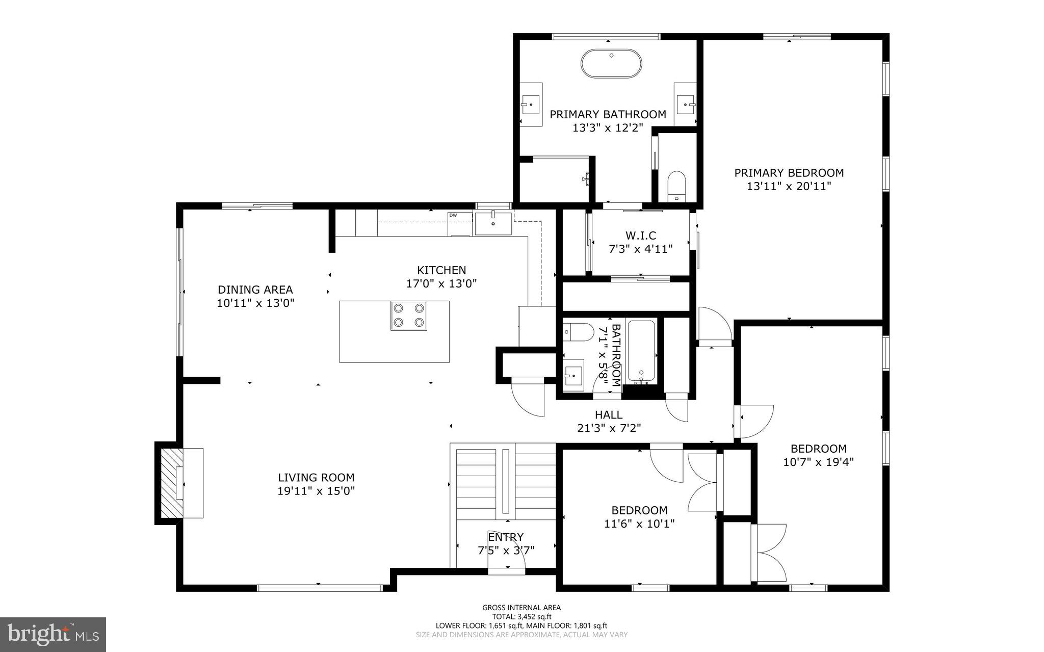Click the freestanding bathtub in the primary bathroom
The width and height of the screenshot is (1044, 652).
611,63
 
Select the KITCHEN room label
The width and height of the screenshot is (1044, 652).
441,270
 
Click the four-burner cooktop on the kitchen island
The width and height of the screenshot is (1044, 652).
409,316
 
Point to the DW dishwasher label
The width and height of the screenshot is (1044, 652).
453,216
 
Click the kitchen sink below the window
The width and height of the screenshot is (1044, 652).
493,223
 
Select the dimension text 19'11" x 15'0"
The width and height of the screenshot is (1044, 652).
316,491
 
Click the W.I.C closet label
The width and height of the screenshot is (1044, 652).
640,236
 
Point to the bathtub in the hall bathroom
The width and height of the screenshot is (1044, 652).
641,351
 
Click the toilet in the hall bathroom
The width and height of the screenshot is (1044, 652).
579,332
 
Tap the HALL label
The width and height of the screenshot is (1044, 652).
609,415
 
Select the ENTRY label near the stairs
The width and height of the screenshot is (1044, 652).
506,537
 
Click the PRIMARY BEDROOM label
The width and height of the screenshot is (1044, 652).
789,173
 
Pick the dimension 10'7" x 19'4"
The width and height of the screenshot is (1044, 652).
818,462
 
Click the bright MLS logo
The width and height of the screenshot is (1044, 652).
53,634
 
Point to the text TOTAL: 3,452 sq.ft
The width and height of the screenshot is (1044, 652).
521,616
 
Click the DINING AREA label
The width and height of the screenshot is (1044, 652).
255,290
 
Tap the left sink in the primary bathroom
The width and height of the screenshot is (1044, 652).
531,105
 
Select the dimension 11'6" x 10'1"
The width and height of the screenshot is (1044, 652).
639,524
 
